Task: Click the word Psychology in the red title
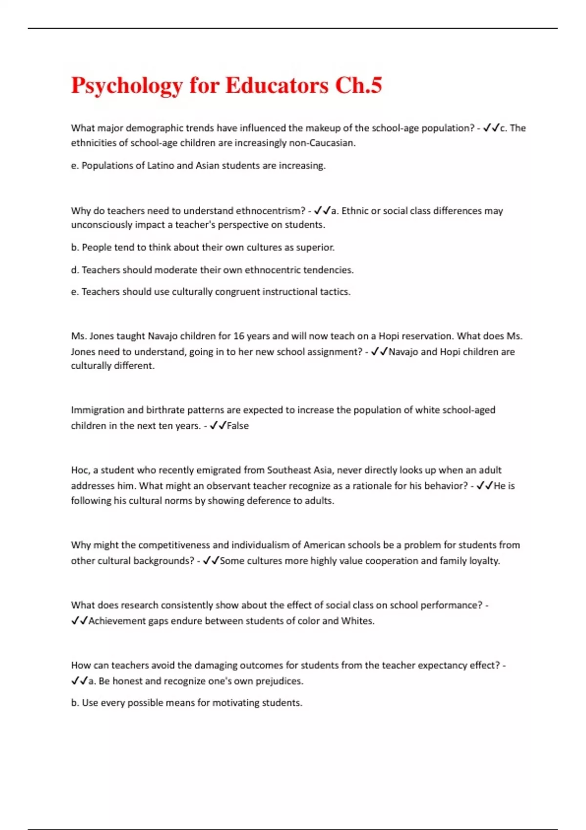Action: [x=127, y=86]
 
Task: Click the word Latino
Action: [x=161, y=166]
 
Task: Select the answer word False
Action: [x=238, y=426]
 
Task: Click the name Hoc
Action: [x=79, y=470]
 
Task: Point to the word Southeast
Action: [x=289, y=470]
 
